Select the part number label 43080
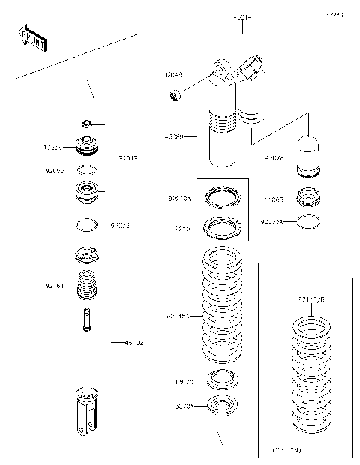coord(173,136)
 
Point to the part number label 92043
coord(128,158)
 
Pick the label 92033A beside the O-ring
coord(273,222)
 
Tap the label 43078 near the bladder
coord(274,158)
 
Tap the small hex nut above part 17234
coord(88,123)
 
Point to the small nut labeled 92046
coord(174,94)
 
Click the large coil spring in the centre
coord(223,307)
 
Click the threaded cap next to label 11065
coord(308,198)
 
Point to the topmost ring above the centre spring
coord(223,198)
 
